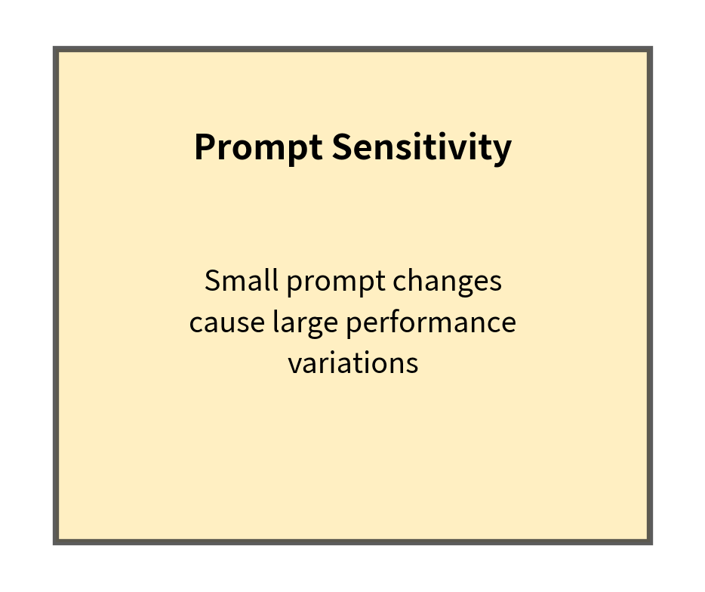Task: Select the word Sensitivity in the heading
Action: [421, 148]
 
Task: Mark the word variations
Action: [352, 363]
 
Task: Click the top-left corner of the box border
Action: [56, 50]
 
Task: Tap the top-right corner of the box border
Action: [649, 50]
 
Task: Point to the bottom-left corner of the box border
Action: [56, 541]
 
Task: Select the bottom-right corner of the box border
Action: [649, 541]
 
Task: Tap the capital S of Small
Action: [212, 282]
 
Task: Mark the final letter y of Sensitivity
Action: [503, 151]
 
